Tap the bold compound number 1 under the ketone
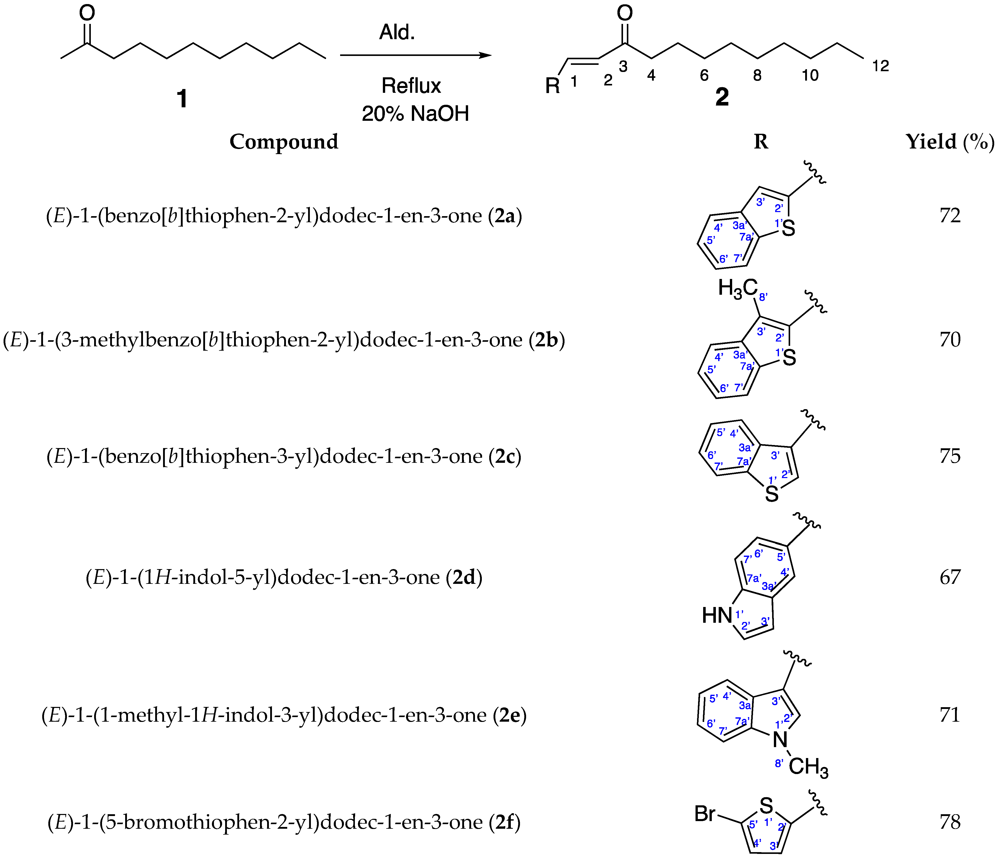coord(182,99)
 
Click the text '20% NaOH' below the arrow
coord(415,114)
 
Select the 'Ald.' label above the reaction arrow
coord(397,32)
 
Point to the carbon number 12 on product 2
coord(880,66)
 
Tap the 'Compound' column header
coord(284,142)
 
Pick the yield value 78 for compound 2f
coord(950,822)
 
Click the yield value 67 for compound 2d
coord(950,577)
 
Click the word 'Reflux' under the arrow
coord(411,86)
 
